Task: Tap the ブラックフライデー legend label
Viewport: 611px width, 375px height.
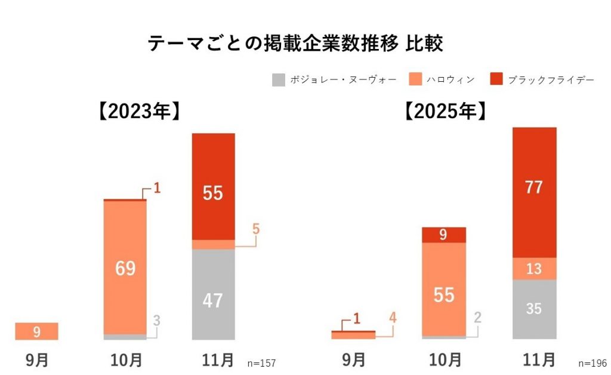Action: [x=551, y=80]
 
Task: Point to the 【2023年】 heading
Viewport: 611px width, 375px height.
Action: [x=138, y=112]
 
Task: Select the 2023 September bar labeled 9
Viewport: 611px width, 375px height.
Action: [x=36, y=331]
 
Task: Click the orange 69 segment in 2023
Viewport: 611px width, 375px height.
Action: [x=125, y=268]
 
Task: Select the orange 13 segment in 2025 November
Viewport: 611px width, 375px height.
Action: [x=534, y=269]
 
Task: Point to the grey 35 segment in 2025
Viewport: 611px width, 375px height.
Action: [x=534, y=309]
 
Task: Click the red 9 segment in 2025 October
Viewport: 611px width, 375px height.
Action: [x=444, y=235]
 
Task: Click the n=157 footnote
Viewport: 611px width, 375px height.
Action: [x=261, y=363]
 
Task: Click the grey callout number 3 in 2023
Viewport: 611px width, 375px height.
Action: [x=156, y=321]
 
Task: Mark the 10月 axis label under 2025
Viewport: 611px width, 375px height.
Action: [x=444, y=360]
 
